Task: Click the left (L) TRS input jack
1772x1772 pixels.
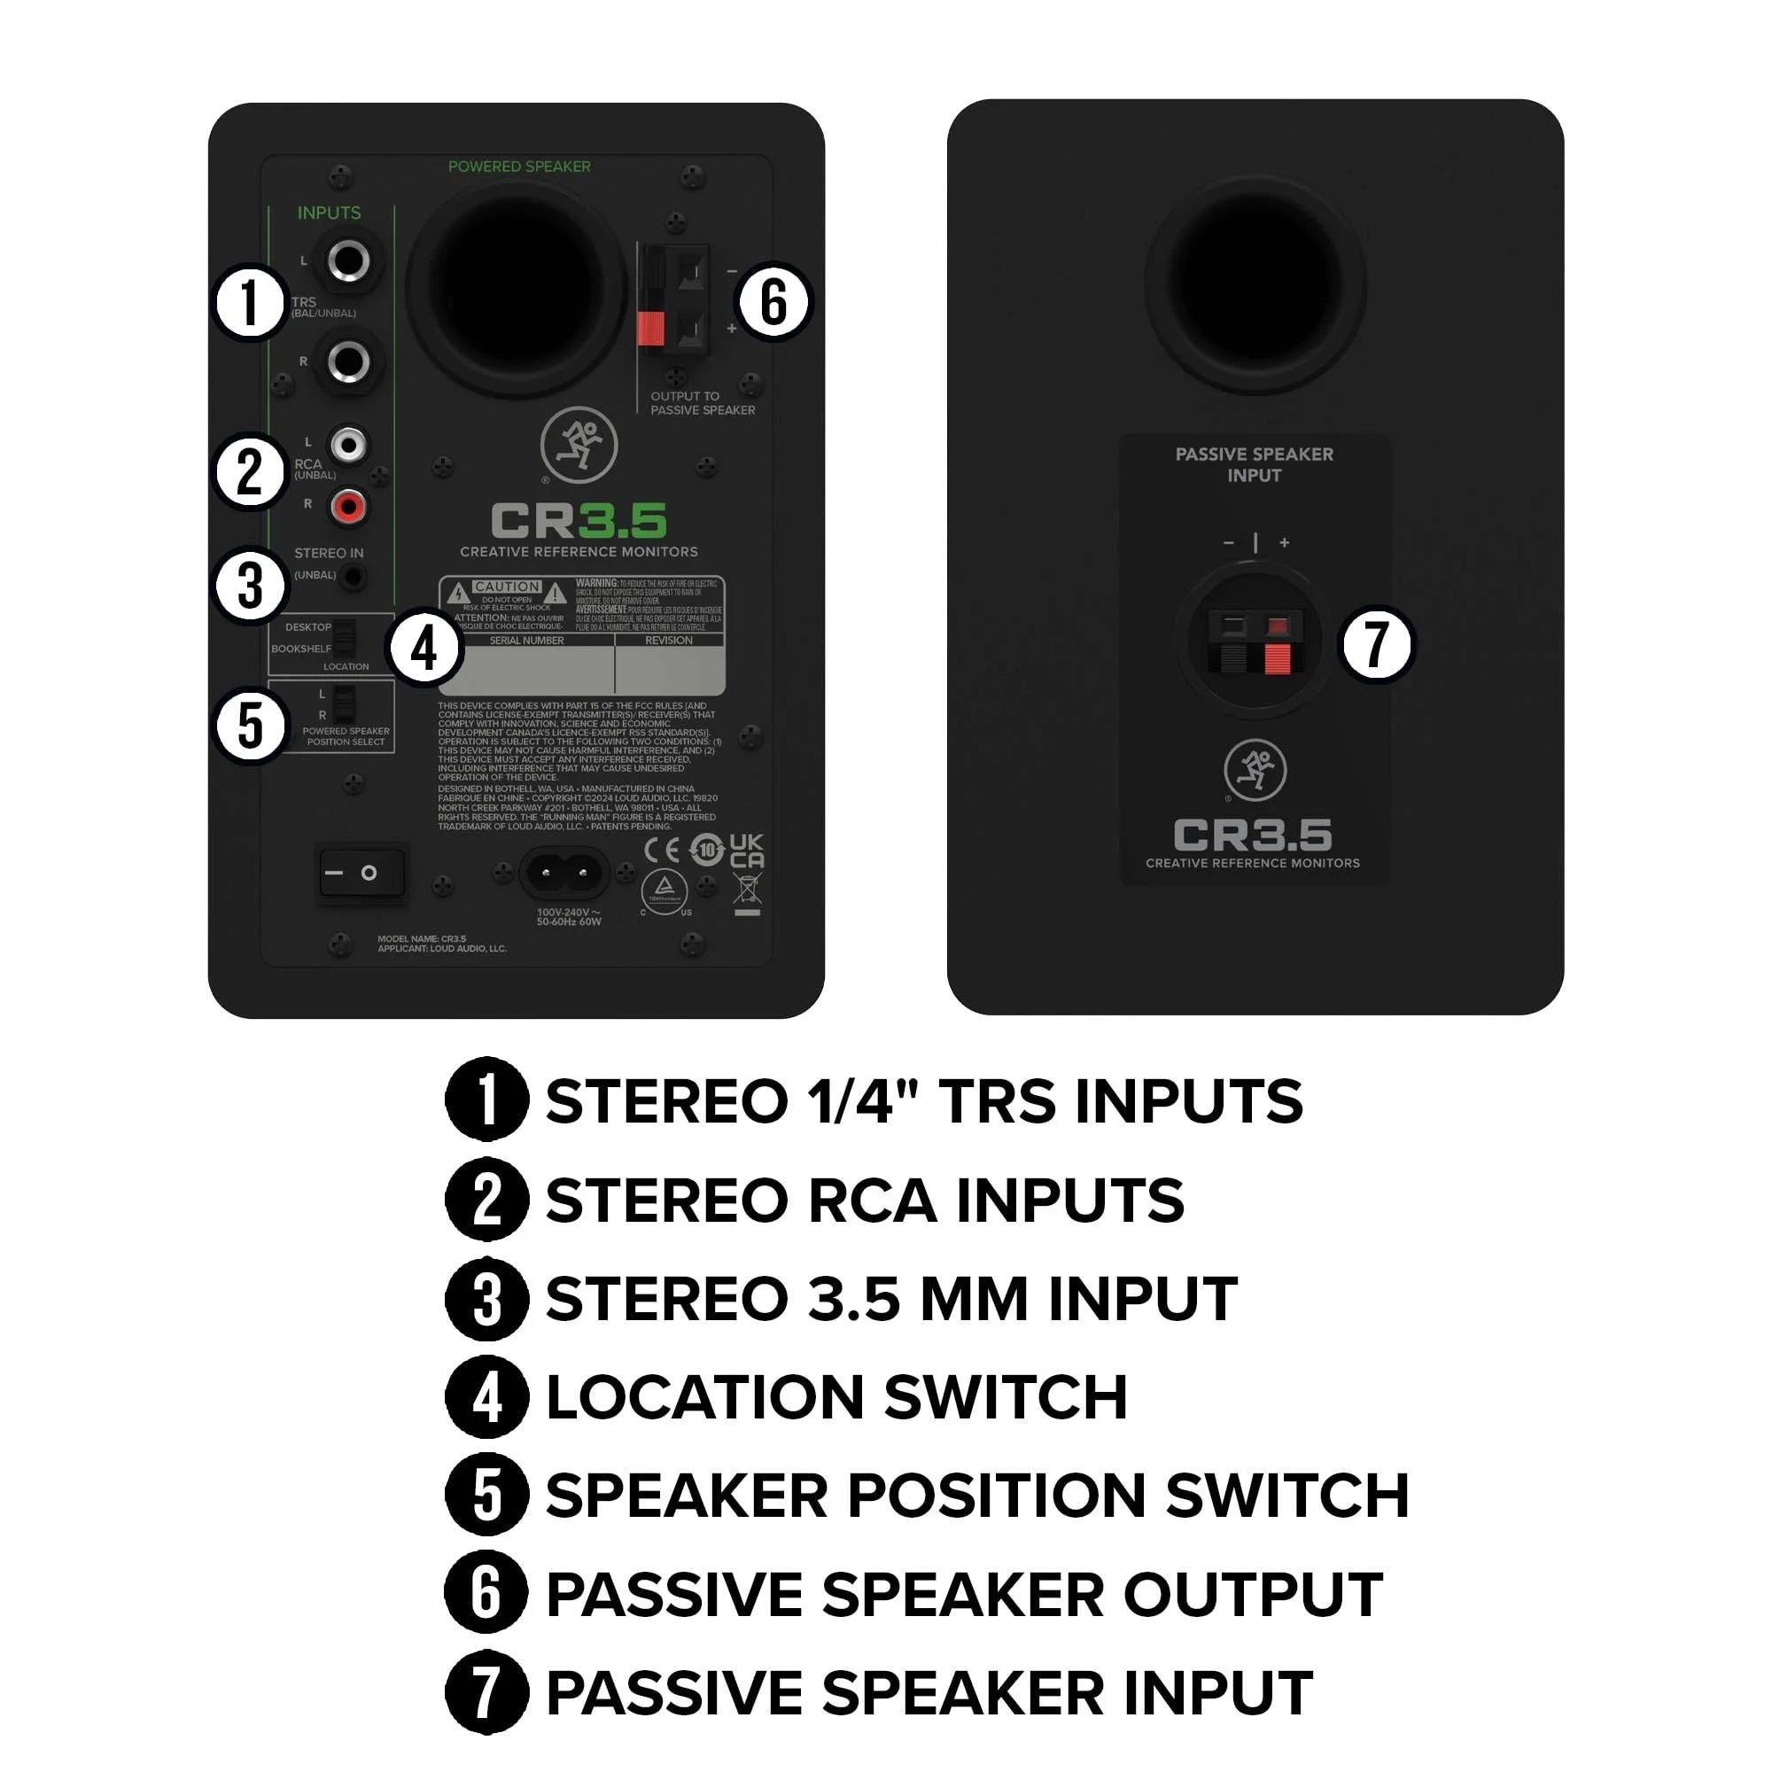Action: tap(348, 260)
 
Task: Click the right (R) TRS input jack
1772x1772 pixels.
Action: tap(348, 361)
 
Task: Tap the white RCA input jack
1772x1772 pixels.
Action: tap(348, 446)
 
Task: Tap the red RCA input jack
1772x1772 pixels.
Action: tap(348, 506)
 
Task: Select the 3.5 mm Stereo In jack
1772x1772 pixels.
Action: tap(354, 577)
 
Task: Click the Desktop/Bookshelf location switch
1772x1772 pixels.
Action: tap(344, 637)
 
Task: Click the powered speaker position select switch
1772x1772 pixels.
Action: tap(343, 704)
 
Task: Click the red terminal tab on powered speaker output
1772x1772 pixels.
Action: tap(650, 329)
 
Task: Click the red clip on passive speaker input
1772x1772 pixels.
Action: tap(1277, 657)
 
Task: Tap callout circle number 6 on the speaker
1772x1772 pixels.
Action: tap(773, 302)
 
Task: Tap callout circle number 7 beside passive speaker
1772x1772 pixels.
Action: tap(1376, 644)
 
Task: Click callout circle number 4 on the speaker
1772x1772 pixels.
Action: tap(424, 649)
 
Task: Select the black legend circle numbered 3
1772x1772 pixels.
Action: tap(486, 1300)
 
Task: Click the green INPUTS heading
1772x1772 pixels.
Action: tap(329, 213)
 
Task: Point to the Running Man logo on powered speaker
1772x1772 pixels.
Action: tap(579, 445)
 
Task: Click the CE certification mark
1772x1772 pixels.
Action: tap(662, 851)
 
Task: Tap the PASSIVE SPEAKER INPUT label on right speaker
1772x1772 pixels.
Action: tap(1254, 464)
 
